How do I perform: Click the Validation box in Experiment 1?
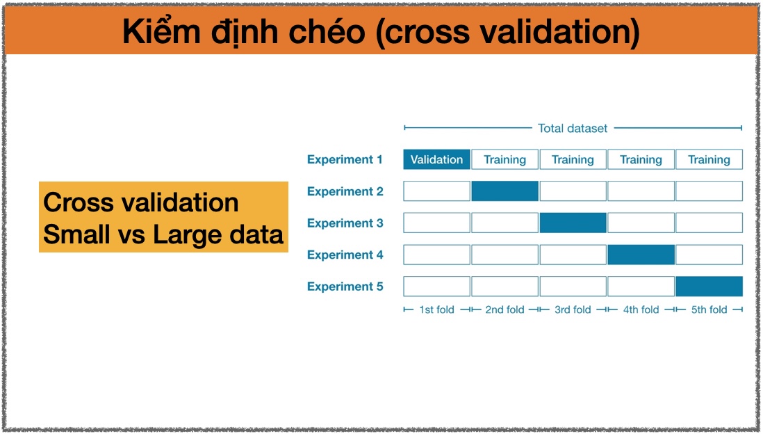point(436,159)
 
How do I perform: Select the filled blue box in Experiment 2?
point(504,191)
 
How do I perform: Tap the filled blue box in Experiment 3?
point(573,223)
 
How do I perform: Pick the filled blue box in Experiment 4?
point(641,255)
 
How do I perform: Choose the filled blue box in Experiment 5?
point(709,287)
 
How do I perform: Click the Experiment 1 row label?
point(345,159)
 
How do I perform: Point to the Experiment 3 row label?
point(345,223)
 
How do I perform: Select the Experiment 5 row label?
point(345,287)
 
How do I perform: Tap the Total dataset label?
point(573,128)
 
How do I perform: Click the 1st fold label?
point(436,310)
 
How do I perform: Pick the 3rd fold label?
point(573,310)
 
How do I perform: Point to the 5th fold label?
point(709,310)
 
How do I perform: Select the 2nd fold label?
point(504,310)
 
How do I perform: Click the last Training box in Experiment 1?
point(709,159)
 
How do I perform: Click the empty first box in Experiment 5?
point(436,287)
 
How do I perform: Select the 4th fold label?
point(641,310)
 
